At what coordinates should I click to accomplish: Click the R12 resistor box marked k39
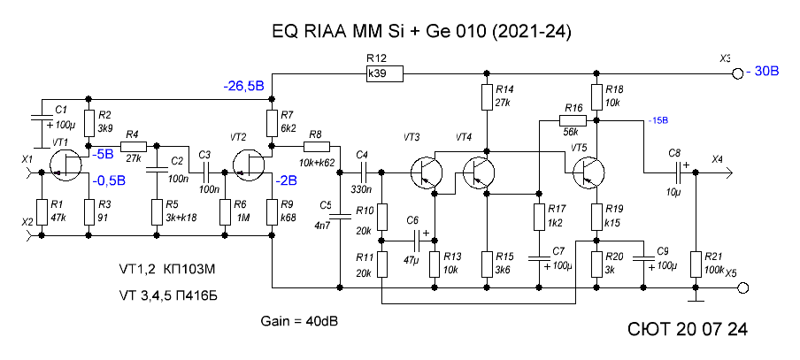click(385, 73)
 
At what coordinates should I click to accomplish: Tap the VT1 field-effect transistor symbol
click(67, 165)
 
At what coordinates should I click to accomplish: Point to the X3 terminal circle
click(736, 74)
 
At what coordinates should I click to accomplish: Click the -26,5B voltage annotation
click(244, 86)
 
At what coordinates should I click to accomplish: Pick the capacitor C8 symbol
click(681, 172)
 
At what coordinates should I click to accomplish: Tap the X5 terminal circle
click(743, 288)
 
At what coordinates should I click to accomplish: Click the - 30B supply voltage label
click(762, 72)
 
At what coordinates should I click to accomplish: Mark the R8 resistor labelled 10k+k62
click(318, 147)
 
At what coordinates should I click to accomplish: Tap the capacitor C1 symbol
click(42, 118)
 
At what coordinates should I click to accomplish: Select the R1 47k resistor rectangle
click(42, 211)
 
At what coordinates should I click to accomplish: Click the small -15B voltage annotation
click(658, 120)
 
